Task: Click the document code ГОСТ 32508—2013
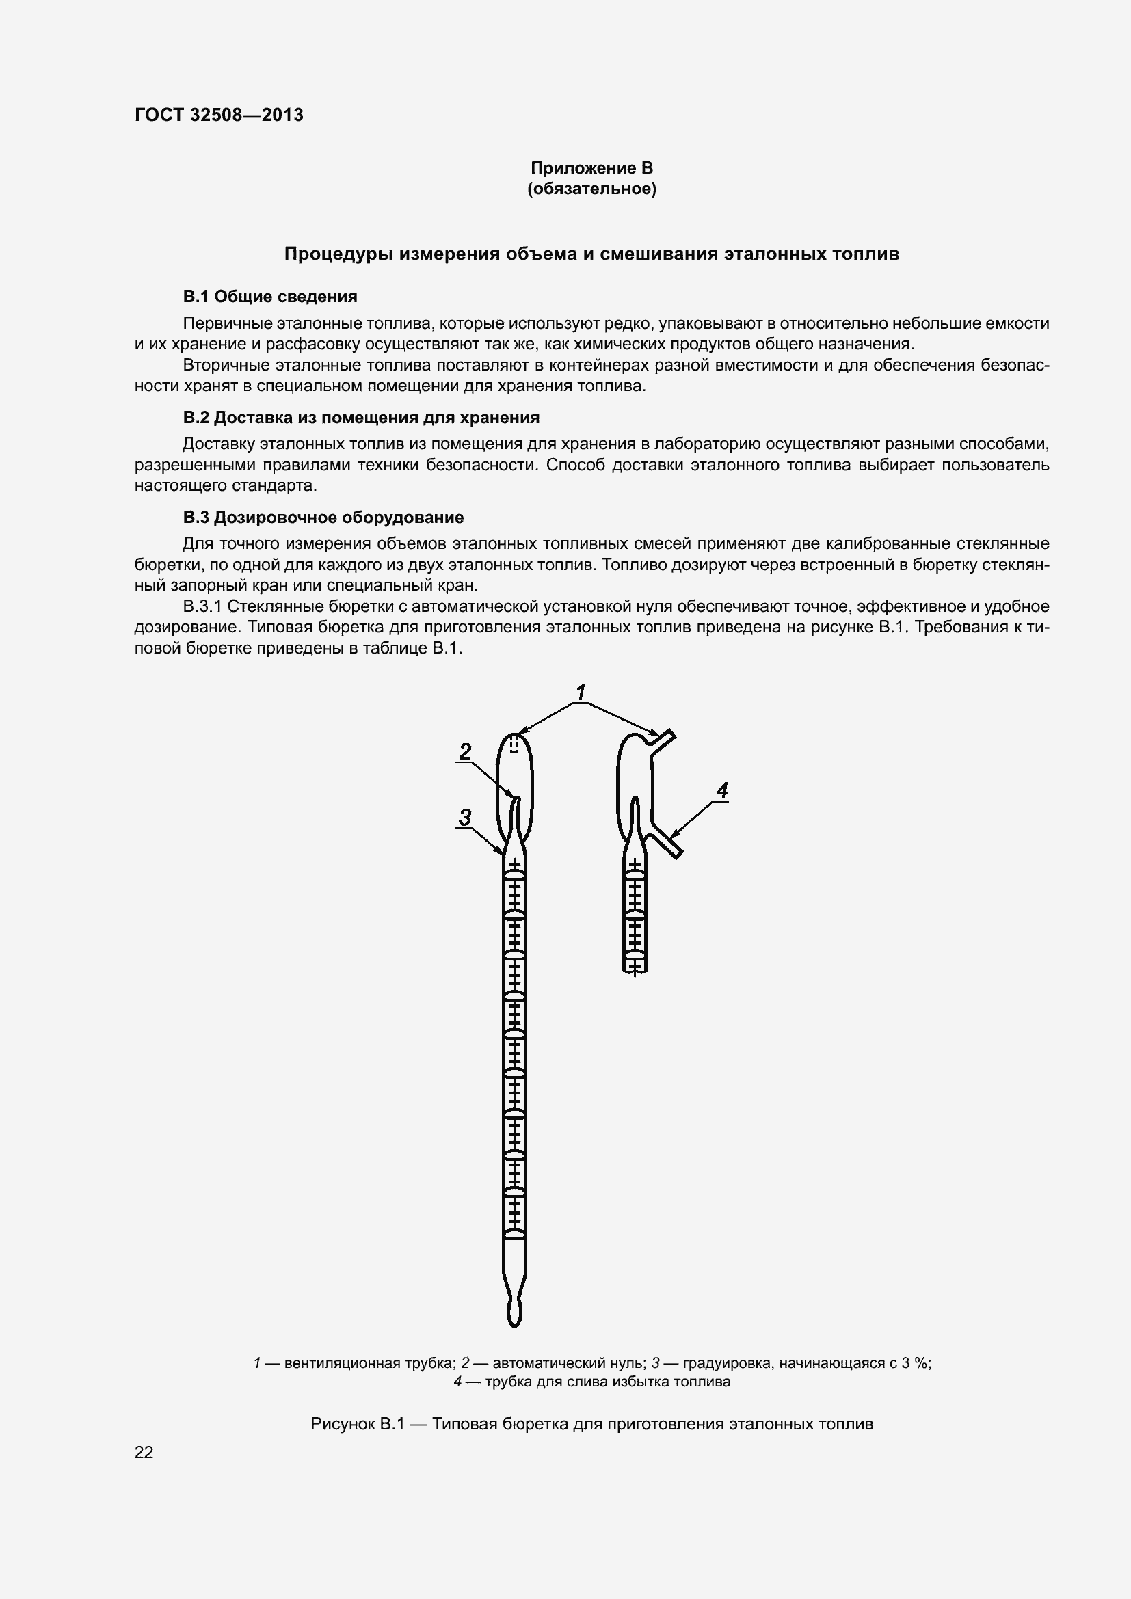pyautogui.click(x=219, y=115)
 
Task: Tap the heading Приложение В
pyautogui.click(x=591, y=168)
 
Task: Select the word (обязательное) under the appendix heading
pyautogui.click(x=591, y=189)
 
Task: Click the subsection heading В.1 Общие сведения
pyautogui.click(x=269, y=297)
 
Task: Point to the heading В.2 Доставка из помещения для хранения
pyautogui.click(x=361, y=417)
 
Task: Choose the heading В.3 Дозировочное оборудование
pyautogui.click(x=323, y=517)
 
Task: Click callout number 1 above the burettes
pyautogui.click(x=581, y=693)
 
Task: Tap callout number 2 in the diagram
pyautogui.click(x=465, y=751)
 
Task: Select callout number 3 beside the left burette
pyautogui.click(x=465, y=817)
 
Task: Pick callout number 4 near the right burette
pyautogui.click(x=722, y=791)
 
